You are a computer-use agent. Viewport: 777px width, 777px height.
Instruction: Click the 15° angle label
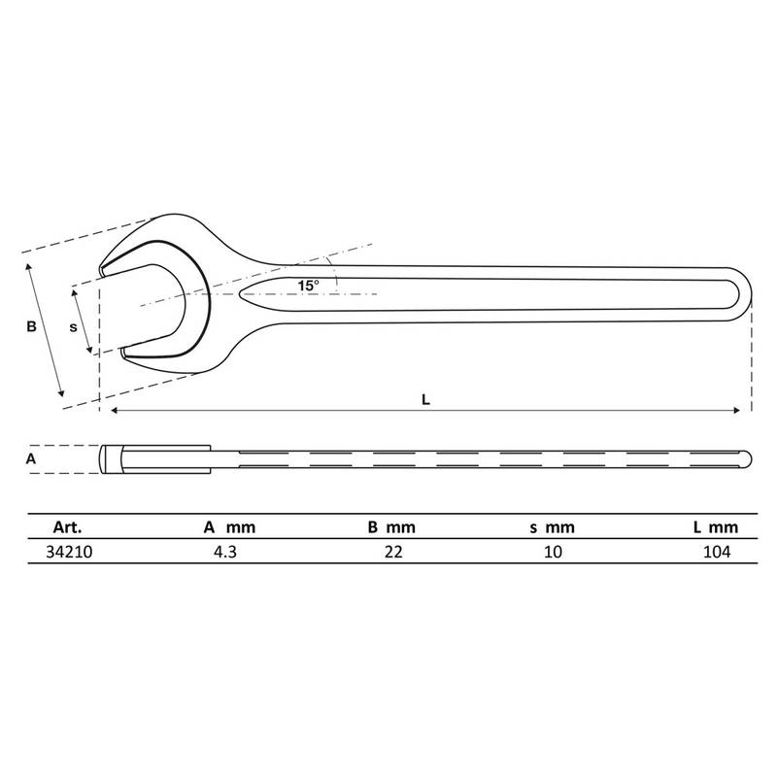(x=308, y=286)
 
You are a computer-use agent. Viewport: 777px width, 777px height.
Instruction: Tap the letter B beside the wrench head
(x=31, y=326)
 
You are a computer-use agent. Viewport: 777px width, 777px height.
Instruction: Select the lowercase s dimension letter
(x=74, y=327)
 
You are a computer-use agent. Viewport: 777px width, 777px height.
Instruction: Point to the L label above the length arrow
(x=425, y=399)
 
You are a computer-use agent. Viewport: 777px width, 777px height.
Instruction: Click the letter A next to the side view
(x=31, y=458)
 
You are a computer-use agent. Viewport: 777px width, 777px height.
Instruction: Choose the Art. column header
(x=67, y=526)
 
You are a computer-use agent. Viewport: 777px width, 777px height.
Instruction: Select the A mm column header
(x=229, y=526)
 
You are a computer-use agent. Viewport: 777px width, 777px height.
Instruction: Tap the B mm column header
(x=391, y=526)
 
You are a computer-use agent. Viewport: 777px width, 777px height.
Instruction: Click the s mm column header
(x=552, y=527)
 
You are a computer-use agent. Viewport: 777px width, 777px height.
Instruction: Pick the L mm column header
(x=716, y=527)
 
